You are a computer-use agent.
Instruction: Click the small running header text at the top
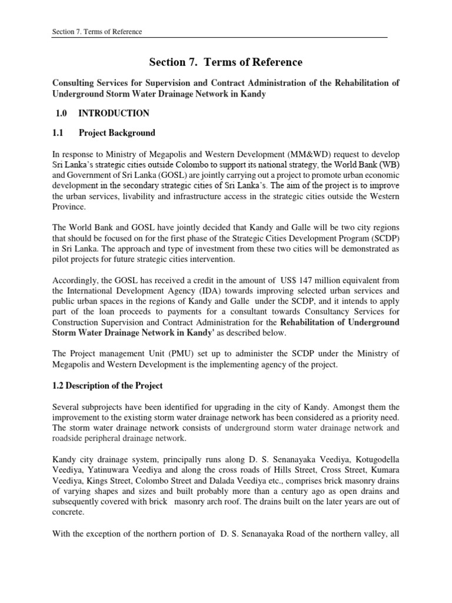tap(97, 31)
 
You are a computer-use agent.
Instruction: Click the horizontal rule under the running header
tap(220, 38)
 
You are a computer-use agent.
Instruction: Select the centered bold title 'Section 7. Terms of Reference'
tap(225, 62)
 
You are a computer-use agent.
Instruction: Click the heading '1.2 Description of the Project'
tap(108, 386)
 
